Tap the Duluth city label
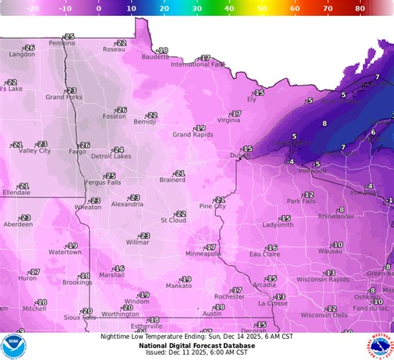tap(239, 155)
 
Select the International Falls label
tap(198, 64)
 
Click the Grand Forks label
tap(64, 97)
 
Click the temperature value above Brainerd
tap(179, 174)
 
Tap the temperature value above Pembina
tap(69, 36)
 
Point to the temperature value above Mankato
tap(186, 279)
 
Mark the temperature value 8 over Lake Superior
tap(324, 123)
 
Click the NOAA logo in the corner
tap(13, 346)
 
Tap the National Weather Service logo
tap(380, 346)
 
